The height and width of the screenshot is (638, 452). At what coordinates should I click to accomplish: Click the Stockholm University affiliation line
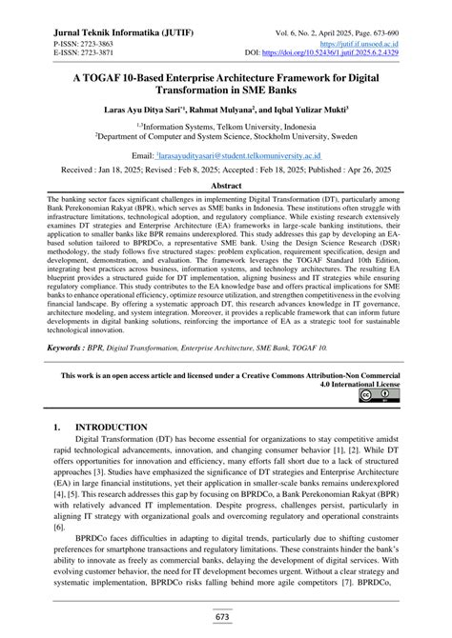[x=225, y=135]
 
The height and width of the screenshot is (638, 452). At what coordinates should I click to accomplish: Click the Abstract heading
[x=225, y=186]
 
